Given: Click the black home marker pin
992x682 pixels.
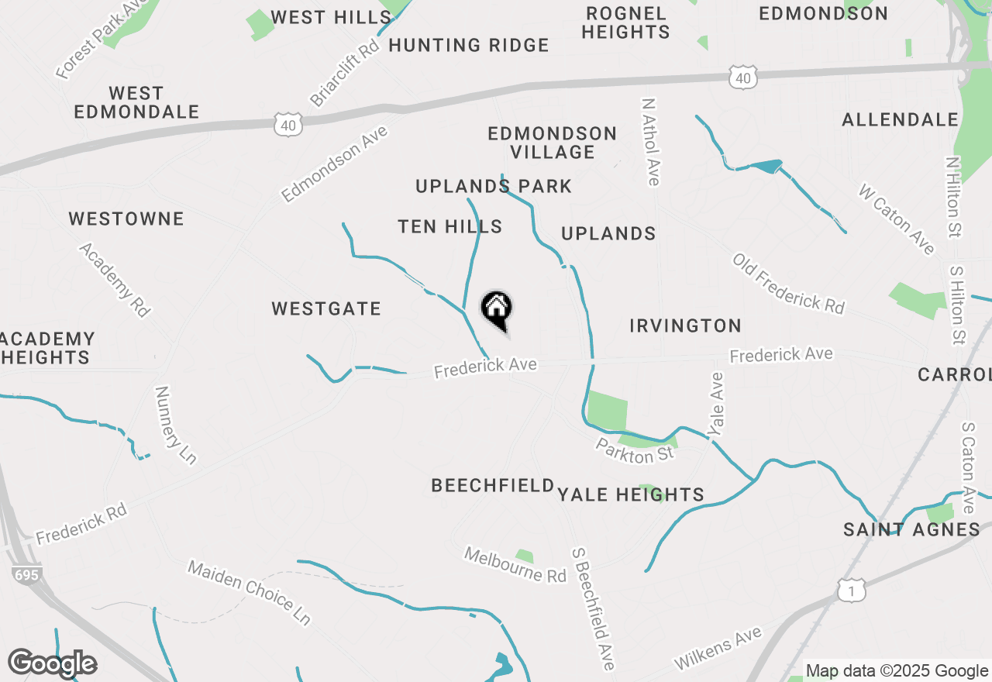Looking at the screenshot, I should click(497, 309).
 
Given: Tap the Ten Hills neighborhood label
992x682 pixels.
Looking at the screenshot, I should click(449, 226).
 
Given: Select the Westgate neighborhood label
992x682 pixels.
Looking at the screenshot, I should click(326, 309).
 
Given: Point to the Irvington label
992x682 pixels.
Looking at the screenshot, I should click(685, 325).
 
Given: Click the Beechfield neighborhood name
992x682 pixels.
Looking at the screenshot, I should click(493, 486).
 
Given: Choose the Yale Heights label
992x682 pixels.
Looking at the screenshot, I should click(631, 494).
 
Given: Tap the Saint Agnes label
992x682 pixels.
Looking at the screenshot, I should click(911, 530).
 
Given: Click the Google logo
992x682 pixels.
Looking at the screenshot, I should click(52, 663).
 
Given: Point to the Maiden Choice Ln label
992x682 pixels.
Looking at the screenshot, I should click(250, 593).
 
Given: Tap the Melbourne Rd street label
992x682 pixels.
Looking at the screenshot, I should click(515, 565).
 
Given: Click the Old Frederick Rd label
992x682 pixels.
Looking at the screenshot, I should click(788, 284).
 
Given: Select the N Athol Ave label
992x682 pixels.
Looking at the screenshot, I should click(650, 142).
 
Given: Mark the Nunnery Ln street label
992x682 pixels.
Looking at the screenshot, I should click(175, 425).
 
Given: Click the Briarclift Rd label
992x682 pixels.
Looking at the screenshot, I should click(345, 73).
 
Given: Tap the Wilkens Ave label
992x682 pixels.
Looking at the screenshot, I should click(718, 649).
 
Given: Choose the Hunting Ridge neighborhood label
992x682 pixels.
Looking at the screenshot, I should click(469, 46).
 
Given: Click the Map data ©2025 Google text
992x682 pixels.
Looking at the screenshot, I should click(897, 671).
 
